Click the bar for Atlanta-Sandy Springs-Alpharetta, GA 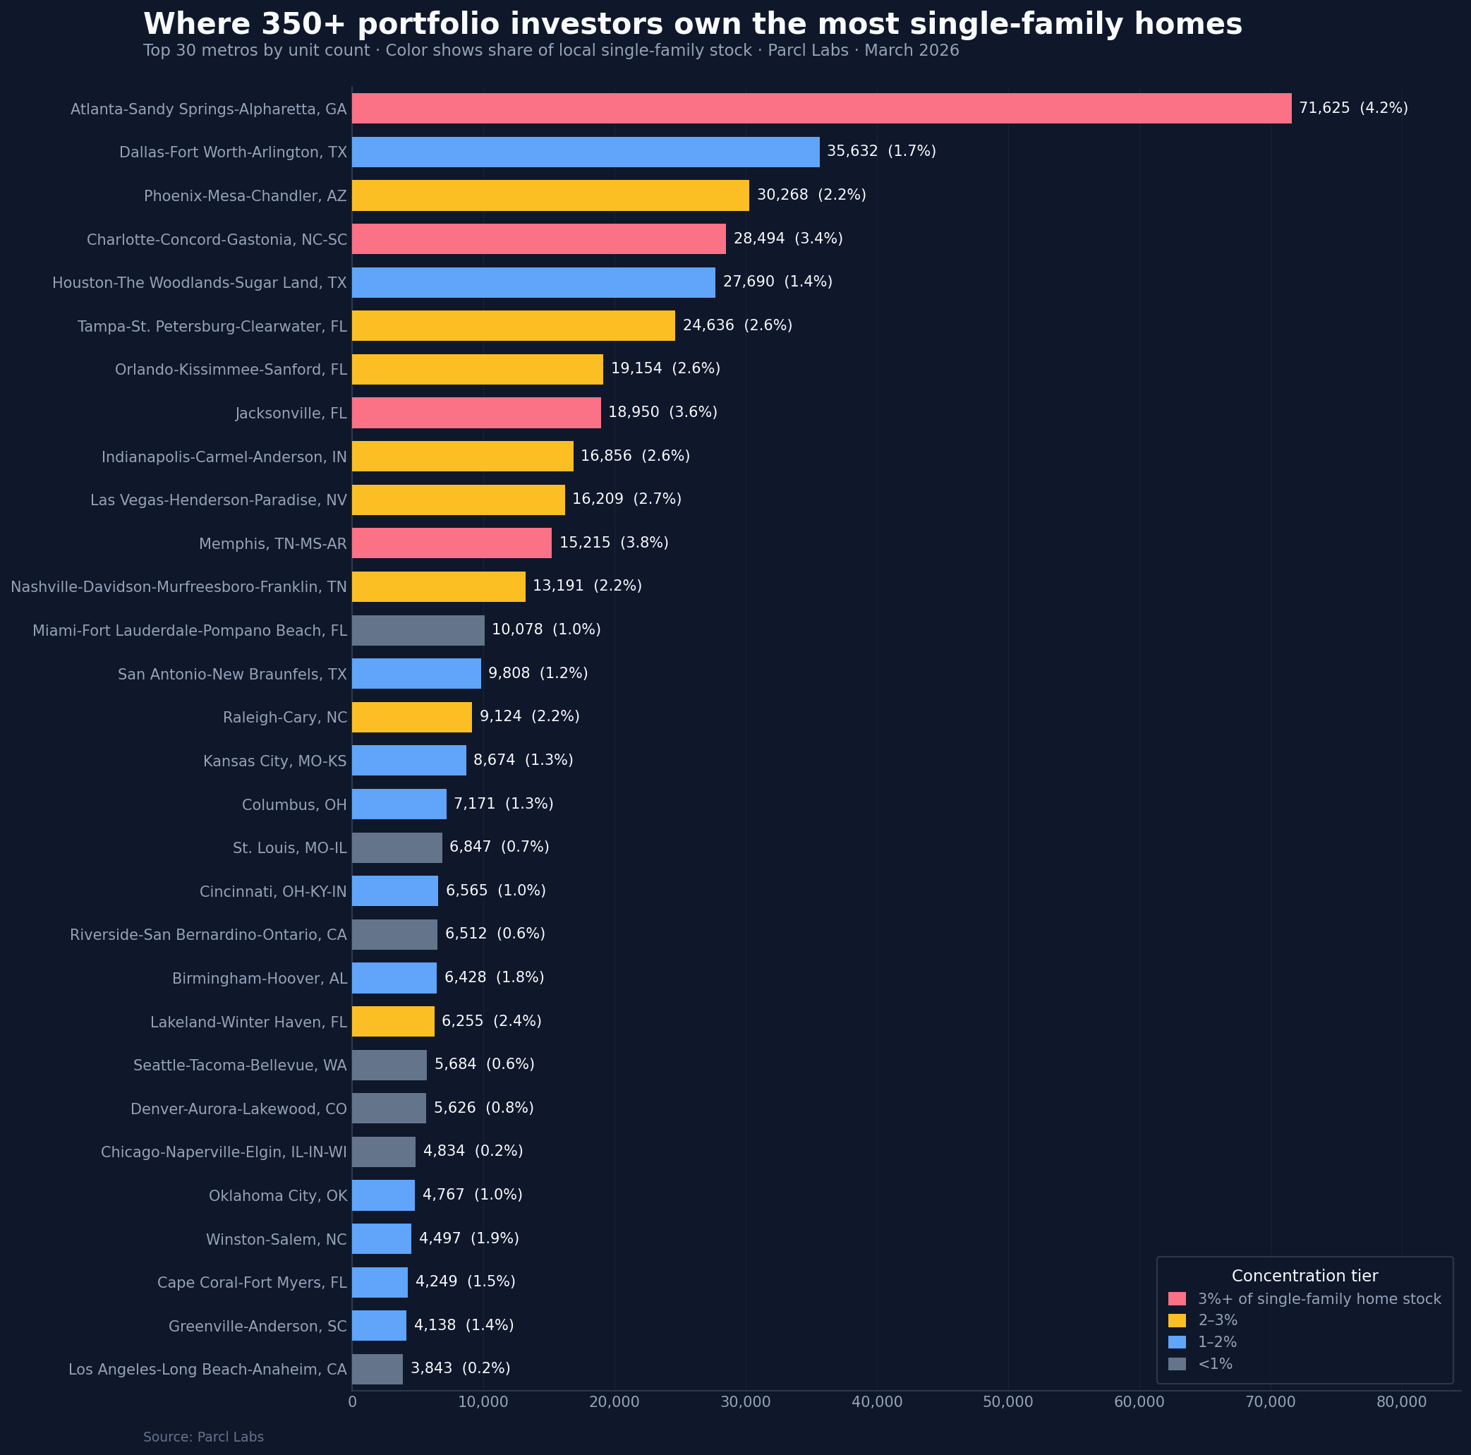pyautogui.click(x=821, y=108)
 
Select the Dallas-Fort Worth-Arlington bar pyautogui.click(x=586, y=152)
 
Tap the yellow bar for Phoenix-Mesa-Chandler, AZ pyautogui.click(x=550, y=195)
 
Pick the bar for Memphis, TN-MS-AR pyautogui.click(x=452, y=543)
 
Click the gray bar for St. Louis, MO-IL pyautogui.click(x=396, y=847)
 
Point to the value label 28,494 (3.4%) pyautogui.click(x=788, y=239)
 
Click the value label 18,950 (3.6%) pyautogui.click(x=662, y=412)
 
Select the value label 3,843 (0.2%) pyautogui.click(x=460, y=1368)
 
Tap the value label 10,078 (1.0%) pyautogui.click(x=546, y=629)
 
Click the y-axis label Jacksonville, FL pyautogui.click(x=291, y=413)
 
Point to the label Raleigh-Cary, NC pyautogui.click(x=285, y=717)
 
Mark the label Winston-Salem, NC pyautogui.click(x=277, y=1240)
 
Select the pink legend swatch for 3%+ pyautogui.click(x=1176, y=1299)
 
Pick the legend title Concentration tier pyautogui.click(x=1304, y=1276)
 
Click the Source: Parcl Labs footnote pyautogui.click(x=203, y=1437)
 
